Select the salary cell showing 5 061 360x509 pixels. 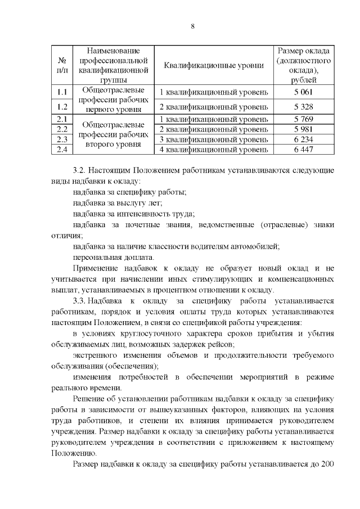pos(303,92)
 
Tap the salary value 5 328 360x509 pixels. pos(303,107)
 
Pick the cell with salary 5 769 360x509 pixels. pos(303,119)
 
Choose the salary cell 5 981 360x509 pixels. pos(303,129)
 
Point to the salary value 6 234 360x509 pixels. pos(303,139)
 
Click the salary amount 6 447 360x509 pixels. pos(303,150)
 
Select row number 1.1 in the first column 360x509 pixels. pos(62,92)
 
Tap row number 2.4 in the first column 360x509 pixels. pos(62,150)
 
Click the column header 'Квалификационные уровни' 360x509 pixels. pos(213,65)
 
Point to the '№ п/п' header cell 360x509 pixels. pos(62,65)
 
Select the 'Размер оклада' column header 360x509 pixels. pos(303,65)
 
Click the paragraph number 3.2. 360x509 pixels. pos(81,170)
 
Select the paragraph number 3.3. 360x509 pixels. pos(81,301)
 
